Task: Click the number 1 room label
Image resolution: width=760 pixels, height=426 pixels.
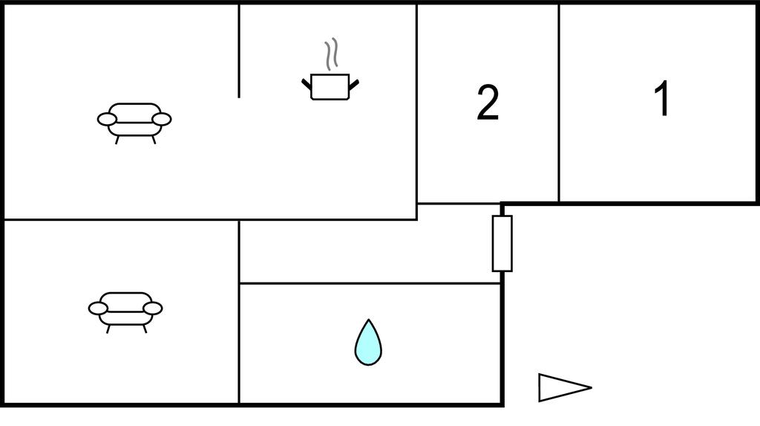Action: (662, 99)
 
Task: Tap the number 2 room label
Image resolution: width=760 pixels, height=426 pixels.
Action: (488, 103)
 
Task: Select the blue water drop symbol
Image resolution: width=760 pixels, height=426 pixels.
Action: (367, 343)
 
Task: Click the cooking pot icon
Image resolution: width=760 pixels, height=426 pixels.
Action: (330, 86)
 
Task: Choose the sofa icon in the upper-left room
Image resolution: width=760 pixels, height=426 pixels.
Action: (134, 120)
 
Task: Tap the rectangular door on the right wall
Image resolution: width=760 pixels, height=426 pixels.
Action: (502, 243)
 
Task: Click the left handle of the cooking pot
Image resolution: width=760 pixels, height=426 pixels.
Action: (306, 83)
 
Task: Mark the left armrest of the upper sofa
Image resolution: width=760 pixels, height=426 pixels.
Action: (107, 119)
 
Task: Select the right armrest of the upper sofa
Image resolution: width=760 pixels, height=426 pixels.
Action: (161, 119)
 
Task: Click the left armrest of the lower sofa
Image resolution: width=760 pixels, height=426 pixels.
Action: (98, 308)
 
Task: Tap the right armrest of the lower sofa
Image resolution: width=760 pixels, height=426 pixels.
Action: (152, 308)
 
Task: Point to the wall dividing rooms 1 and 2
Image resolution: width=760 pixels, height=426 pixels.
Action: (559, 103)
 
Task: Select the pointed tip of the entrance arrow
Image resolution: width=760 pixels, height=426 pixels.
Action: (590, 387)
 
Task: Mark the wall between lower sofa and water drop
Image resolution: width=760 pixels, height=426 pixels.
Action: (239, 342)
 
